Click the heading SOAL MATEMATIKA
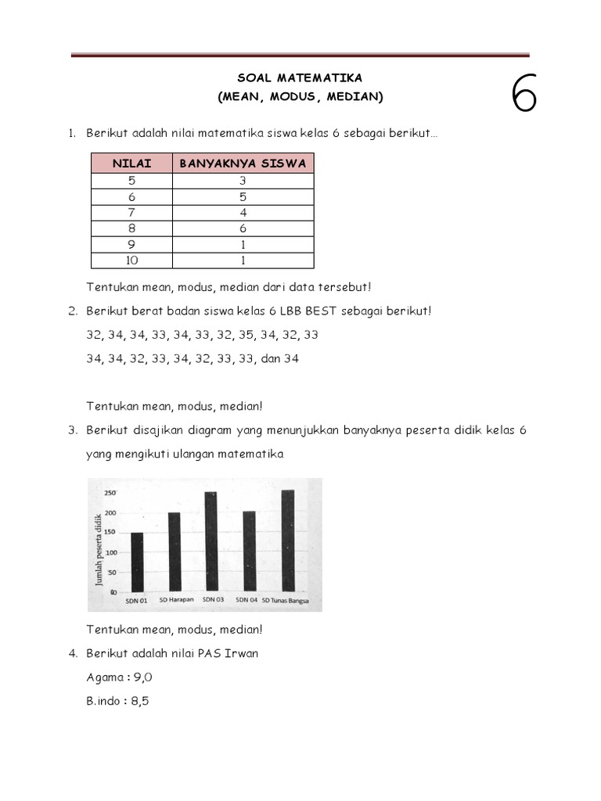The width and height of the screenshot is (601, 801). pos(300,78)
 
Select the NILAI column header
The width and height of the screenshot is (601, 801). pos(131,163)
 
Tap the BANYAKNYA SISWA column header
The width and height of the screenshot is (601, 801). pos(243,163)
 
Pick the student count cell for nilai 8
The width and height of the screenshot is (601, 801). pos(243,228)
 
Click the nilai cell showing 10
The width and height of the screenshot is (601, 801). pos(131,260)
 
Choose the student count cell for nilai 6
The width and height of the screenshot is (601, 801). pos(243,196)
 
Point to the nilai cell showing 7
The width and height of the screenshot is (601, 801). pos(131,213)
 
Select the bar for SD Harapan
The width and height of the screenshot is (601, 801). pos(174,551)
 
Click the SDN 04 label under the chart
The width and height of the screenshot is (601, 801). pos(247,600)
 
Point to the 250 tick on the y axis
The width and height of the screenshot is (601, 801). pos(110,493)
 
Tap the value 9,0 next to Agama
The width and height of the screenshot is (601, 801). pos(139,677)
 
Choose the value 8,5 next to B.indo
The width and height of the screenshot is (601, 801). pos(139,701)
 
